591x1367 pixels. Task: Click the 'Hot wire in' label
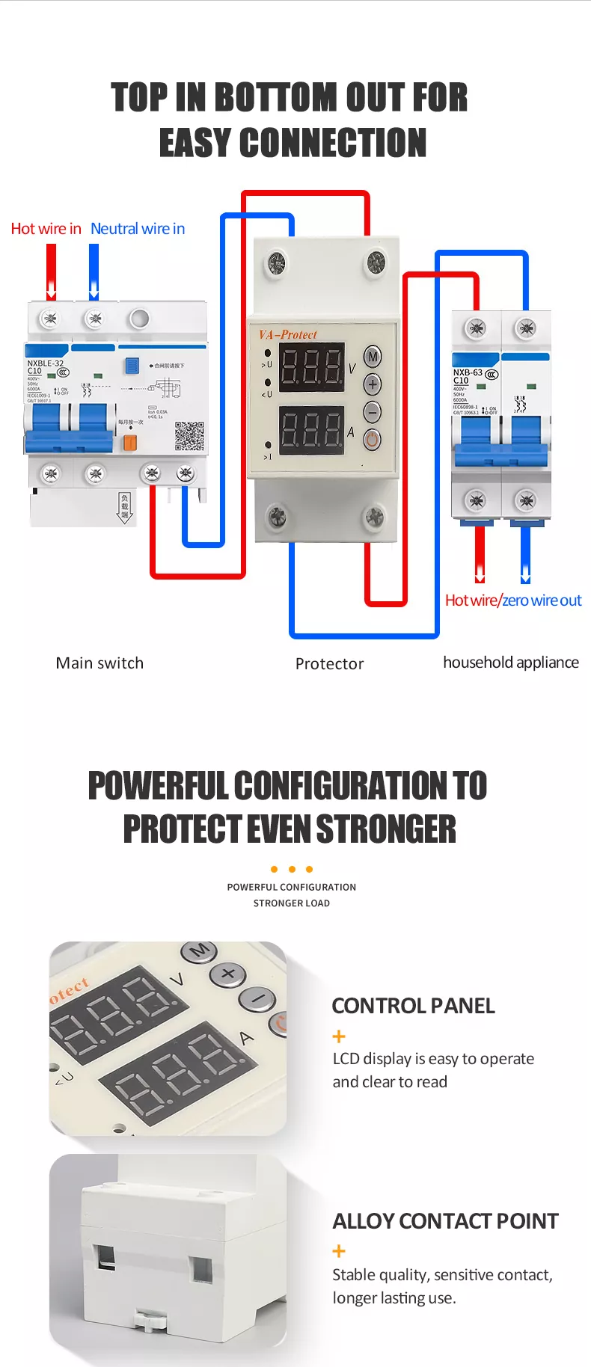coord(46,229)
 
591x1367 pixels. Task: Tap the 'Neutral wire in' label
coord(138,229)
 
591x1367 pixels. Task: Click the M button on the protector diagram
coord(373,357)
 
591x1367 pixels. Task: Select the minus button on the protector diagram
coord(373,411)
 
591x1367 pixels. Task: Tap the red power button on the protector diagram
coord(373,439)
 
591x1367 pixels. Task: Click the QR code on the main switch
coord(189,437)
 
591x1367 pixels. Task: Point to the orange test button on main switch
coord(129,443)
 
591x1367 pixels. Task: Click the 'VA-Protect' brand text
coord(288,334)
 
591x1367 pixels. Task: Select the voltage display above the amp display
coord(312,367)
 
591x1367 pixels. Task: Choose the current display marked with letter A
coord(312,431)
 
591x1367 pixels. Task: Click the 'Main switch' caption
coord(99,663)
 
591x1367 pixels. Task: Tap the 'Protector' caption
coord(329,663)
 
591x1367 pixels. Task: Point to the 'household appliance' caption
coord(511,663)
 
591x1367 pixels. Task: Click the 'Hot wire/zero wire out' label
coord(513,600)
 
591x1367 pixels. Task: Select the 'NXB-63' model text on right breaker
coord(468,372)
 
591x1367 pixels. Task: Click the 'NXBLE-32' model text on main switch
coord(46,363)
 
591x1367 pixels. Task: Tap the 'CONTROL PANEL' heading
coord(413,1006)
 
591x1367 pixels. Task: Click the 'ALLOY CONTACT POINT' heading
coord(445,1221)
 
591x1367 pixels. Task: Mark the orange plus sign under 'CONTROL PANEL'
coord(339,1036)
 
